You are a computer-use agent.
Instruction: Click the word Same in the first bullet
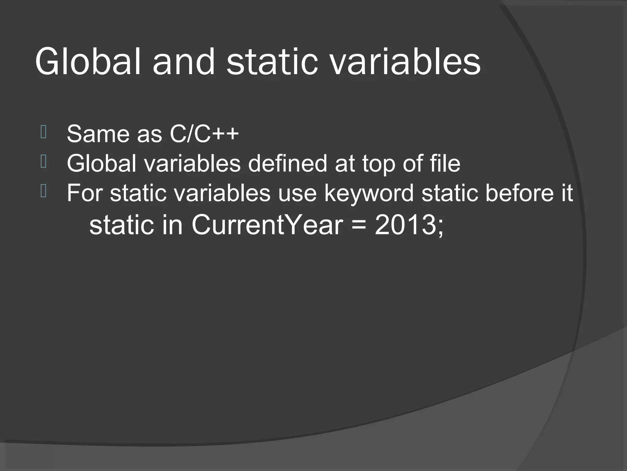pos(99,134)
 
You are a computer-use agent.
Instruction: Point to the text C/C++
pos(204,134)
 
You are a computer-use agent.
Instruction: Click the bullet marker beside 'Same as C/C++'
pos(43,132)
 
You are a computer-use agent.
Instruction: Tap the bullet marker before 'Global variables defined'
pos(43,162)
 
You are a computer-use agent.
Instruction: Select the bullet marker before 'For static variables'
pos(43,191)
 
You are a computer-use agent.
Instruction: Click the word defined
pos(287,163)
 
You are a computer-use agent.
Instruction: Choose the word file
pos(445,163)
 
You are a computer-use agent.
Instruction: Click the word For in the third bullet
pos(84,193)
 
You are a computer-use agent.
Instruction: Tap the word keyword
pos(369,193)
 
